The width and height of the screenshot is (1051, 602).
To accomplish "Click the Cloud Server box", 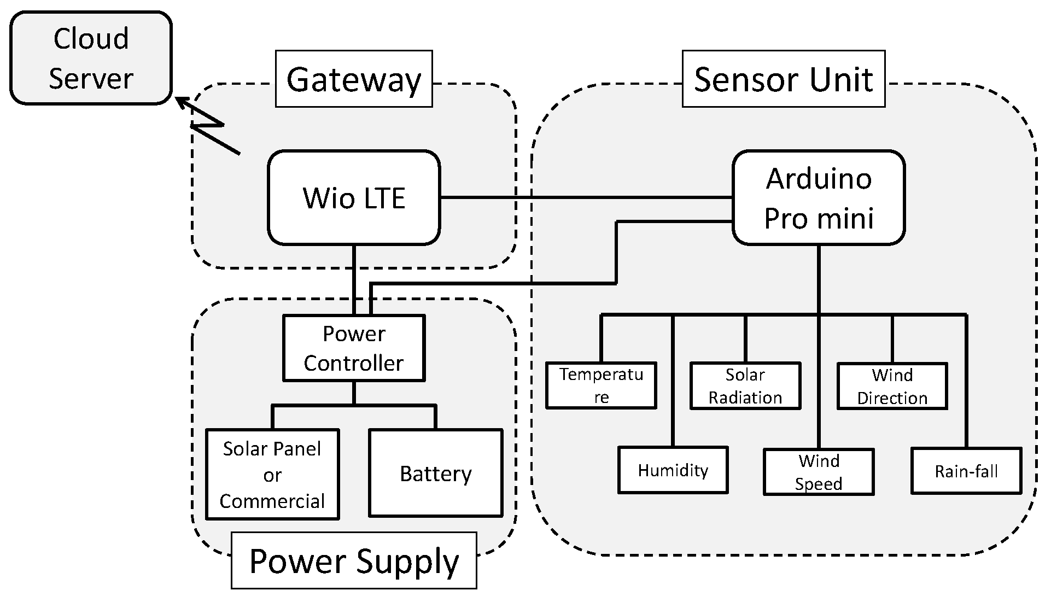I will click(x=91, y=58).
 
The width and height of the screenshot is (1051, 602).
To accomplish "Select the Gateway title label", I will click(x=354, y=79).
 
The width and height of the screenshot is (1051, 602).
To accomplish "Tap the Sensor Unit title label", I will click(x=783, y=79).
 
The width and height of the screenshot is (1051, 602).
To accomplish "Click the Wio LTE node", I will click(x=354, y=197).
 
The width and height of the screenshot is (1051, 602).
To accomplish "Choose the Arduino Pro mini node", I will click(x=818, y=197).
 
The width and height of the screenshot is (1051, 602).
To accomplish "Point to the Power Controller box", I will click(x=354, y=348).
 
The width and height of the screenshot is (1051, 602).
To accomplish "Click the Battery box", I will click(x=435, y=473).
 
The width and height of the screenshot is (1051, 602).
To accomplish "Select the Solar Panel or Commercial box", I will click(x=272, y=474).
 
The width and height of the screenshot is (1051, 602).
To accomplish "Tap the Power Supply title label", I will click(x=354, y=560).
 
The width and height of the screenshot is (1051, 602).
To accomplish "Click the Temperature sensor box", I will click(x=601, y=385).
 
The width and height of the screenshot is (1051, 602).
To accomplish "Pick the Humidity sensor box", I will click(x=673, y=470).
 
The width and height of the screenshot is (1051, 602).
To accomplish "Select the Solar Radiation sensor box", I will click(x=745, y=385).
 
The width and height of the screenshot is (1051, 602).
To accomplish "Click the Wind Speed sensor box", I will click(x=818, y=472).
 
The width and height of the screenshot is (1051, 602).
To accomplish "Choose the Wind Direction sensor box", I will click(x=892, y=386).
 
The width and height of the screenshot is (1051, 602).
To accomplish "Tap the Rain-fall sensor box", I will click(x=966, y=471).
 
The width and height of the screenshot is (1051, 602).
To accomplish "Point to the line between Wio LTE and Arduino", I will click(x=585, y=197).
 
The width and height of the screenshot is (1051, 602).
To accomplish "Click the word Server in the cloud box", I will click(x=91, y=78).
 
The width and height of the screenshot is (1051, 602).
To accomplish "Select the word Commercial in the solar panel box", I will click(x=272, y=501).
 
